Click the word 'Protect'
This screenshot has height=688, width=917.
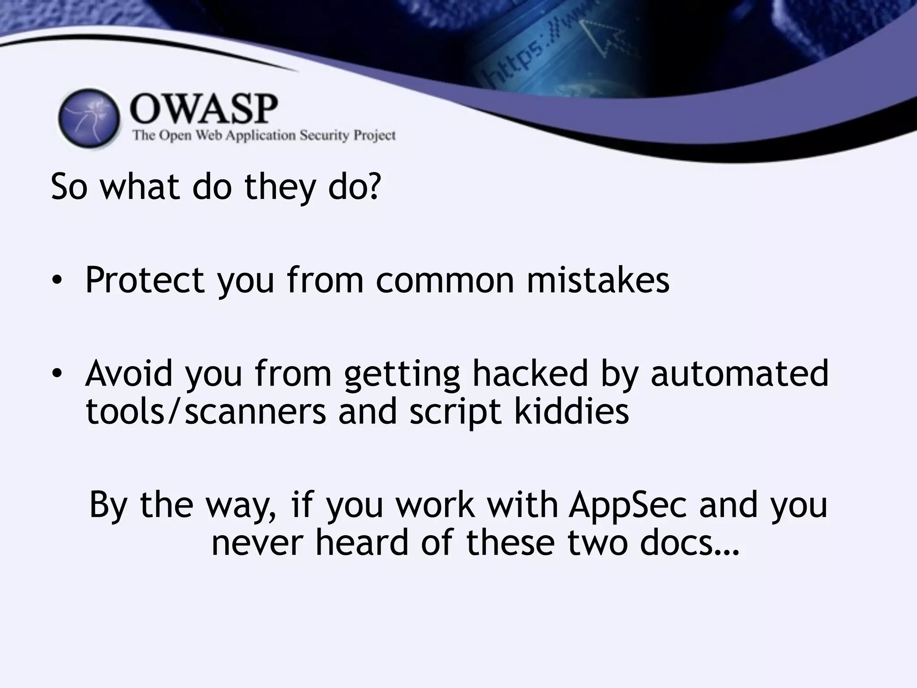tap(145, 280)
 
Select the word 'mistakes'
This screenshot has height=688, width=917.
tap(598, 280)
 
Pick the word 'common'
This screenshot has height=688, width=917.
tap(445, 280)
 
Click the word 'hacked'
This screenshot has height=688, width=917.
tap(530, 373)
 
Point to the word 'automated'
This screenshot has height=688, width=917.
tap(739, 373)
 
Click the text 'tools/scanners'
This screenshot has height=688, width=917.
tap(206, 411)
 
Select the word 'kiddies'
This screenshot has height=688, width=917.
tap(571, 411)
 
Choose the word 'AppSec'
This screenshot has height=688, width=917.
tap(627, 505)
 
